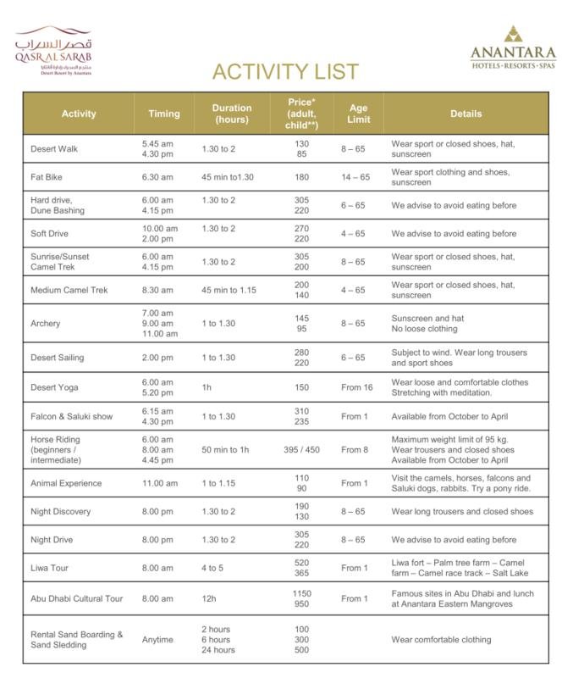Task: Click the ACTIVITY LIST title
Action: tap(285, 71)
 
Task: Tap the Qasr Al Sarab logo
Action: tap(52, 51)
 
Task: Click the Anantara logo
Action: tap(513, 48)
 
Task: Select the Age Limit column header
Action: tap(358, 114)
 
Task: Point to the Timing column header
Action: tap(163, 114)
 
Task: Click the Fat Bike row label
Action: tap(47, 177)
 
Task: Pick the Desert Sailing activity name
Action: tap(57, 358)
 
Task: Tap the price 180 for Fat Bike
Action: tap(302, 177)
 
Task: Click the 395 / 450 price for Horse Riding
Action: tap(302, 449)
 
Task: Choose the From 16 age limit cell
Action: tap(355, 387)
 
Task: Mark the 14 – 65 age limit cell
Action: tap(355, 177)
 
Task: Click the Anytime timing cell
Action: tap(158, 639)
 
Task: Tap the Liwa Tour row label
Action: tap(49, 568)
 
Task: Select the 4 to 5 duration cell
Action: tap(213, 568)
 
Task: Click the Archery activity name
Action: tap(46, 324)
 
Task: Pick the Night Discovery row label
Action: tap(61, 512)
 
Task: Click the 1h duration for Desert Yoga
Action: tap(207, 387)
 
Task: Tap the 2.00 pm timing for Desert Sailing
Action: tap(158, 358)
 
